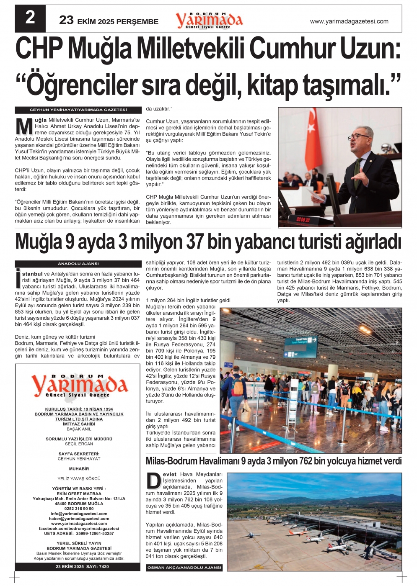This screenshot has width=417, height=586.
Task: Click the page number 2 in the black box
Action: tap(30, 18)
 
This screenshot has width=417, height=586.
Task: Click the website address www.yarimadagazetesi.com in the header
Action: tap(349, 21)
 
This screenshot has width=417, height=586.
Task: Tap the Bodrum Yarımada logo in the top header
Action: tap(209, 20)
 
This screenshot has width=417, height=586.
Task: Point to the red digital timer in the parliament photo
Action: tap(303, 219)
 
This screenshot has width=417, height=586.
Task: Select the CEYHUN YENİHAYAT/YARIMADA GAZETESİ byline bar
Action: tap(78, 110)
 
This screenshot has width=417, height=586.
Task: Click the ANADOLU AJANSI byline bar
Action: tap(78, 264)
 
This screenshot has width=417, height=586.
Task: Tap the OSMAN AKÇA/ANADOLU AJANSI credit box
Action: tap(184, 568)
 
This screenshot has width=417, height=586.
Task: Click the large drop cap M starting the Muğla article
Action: tap(24, 126)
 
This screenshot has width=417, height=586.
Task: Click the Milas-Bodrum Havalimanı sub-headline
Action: tap(273, 461)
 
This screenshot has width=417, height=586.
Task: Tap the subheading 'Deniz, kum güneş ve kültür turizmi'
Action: tap(55, 337)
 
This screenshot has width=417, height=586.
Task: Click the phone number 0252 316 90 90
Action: tap(79, 509)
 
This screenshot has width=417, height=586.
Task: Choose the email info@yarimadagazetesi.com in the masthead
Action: tap(79, 514)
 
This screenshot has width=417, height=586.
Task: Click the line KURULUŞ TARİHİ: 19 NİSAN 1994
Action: tap(79, 409)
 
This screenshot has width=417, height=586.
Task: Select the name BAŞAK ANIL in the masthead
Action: tap(79, 429)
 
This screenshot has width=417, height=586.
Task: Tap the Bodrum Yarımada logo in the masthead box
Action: tap(79, 386)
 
